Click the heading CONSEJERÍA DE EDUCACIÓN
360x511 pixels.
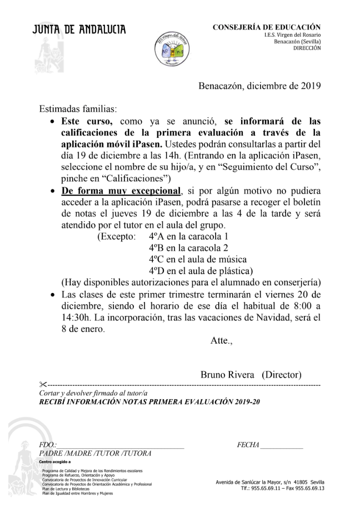266,27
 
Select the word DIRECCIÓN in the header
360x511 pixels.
307,48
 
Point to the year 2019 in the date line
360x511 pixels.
309,86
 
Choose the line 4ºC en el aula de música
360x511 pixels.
198,259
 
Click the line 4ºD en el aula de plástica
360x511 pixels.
201,271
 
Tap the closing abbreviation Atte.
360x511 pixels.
220,340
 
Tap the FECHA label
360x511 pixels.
248,445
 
